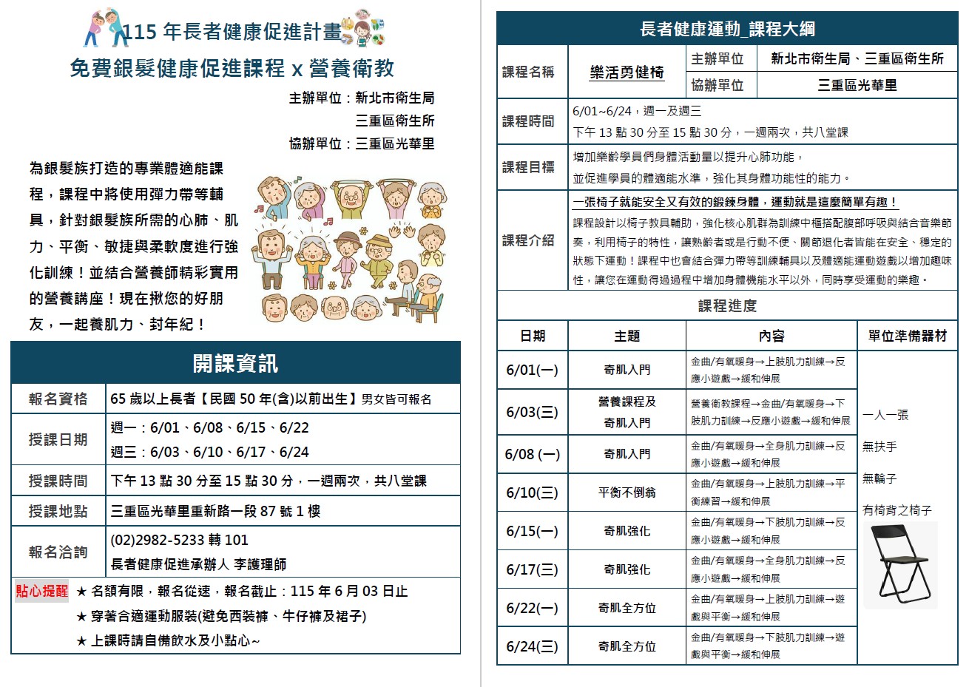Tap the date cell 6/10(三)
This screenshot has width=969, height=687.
click(532, 493)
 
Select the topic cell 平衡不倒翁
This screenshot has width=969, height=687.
click(627, 493)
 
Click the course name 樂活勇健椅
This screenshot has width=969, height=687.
click(627, 72)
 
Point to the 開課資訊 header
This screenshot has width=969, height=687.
click(235, 363)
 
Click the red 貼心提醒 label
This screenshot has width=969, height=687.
click(42, 591)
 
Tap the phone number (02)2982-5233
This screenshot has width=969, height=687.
click(179, 540)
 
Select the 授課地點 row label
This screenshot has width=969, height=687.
click(58, 511)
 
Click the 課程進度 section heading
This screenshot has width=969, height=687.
click(727, 305)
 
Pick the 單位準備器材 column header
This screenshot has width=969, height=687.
click(907, 336)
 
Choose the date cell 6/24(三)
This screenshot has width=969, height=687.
click(532, 646)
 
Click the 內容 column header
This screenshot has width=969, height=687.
click(771, 336)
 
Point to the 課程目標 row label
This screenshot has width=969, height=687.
click(528, 167)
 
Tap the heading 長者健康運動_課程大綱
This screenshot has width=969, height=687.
click(727, 29)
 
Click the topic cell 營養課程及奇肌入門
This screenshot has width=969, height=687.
click(627, 412)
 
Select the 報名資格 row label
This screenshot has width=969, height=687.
click(58, 399)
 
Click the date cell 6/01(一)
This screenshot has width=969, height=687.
click(532, 370)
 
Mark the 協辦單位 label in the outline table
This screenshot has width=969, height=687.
click(717, 85)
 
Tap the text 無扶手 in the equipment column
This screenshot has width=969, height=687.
click(879, 447)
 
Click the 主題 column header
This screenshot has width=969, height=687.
click(627, 336)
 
